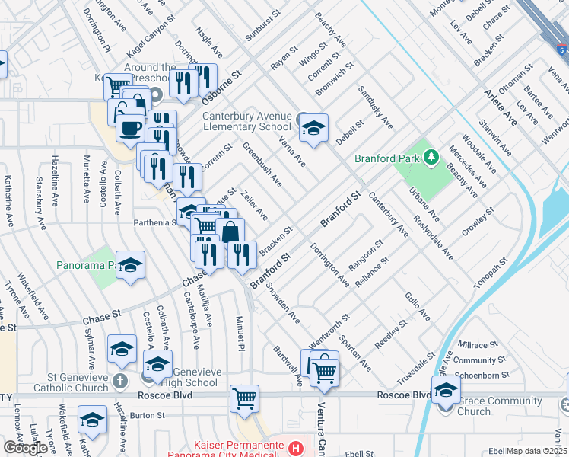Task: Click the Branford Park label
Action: click(386, 158)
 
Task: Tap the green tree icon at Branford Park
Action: click(431, 158)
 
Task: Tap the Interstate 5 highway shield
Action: click(560, 48)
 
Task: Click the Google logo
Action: click(25, 448)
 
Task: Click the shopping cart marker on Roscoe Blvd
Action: click(244, 398)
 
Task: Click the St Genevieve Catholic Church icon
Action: click(120, 380)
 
